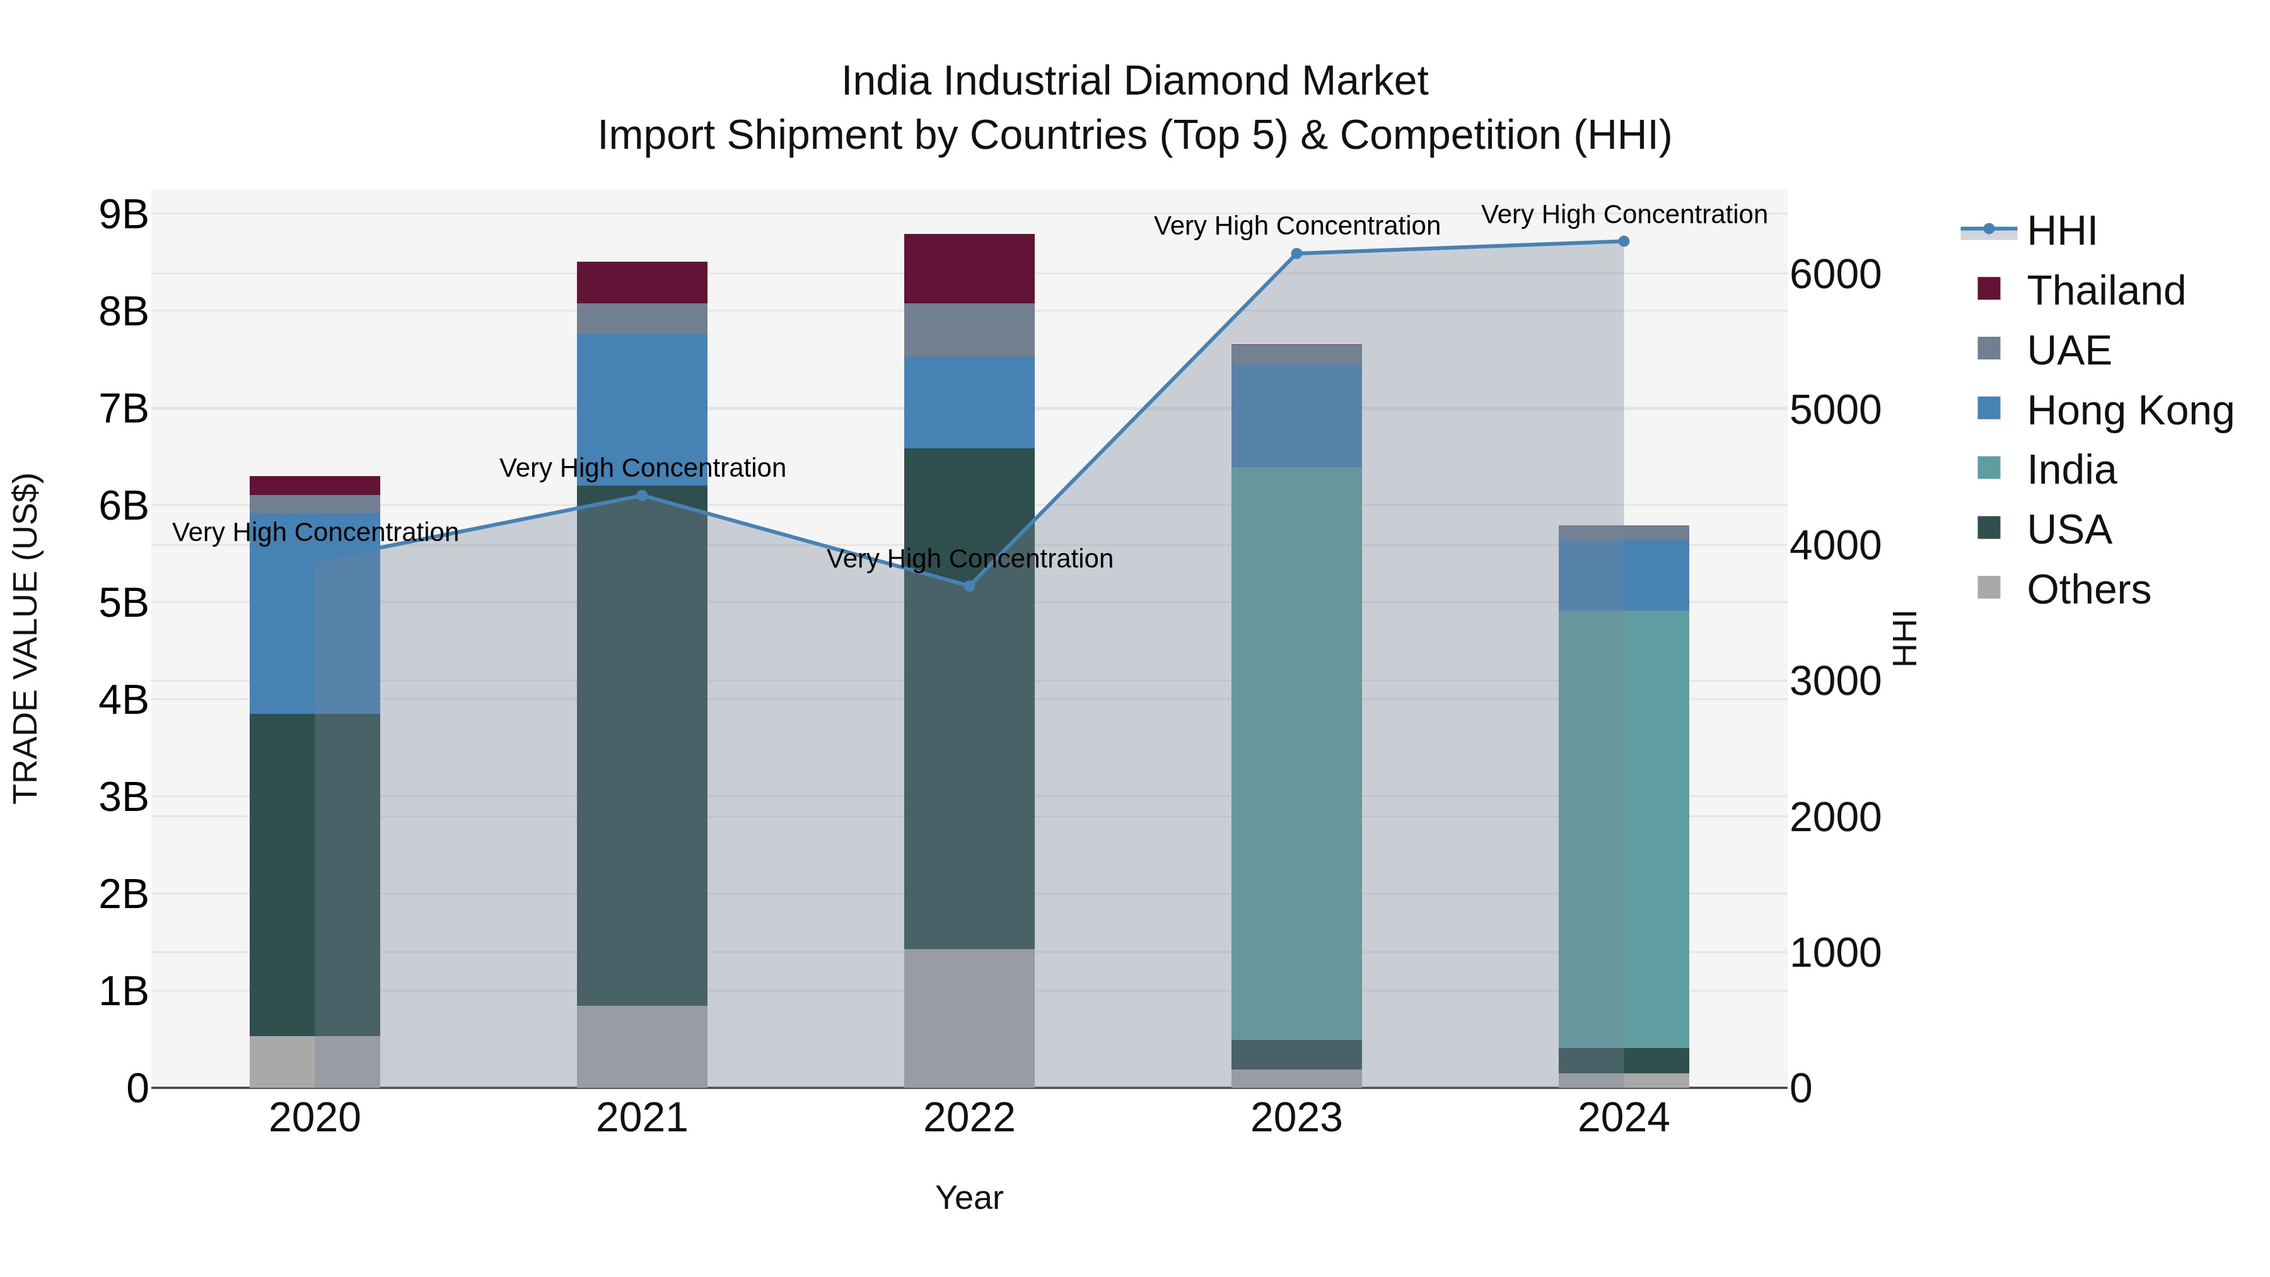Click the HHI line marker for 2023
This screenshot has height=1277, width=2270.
(x=1296, y=254)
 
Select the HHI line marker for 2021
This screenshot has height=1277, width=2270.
(x=643, y=495)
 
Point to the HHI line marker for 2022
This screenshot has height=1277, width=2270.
(x=969, y=586)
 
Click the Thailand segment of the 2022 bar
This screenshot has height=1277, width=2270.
(x=969, y=269)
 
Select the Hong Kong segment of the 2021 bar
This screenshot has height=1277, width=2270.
(x=643, y=410)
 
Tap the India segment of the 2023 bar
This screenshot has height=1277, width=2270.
(x=1296, y=754)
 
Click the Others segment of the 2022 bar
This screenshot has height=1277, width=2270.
(x=969, y=1018)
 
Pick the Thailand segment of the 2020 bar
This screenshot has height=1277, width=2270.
(x=315, y=486)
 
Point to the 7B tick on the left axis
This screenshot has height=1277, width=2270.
(x=124, y=409)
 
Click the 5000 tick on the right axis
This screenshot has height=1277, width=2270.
(x=1836, y=410)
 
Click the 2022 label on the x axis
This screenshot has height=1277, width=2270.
(x=969, y=1118)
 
